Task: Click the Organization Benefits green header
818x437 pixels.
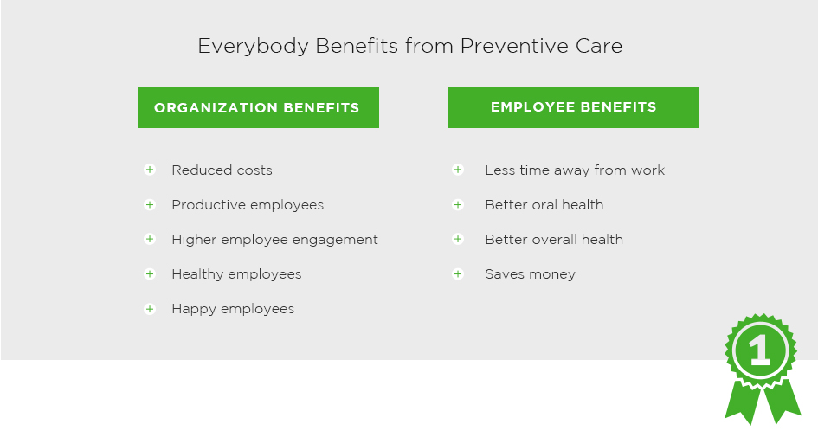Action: tap(259, 107)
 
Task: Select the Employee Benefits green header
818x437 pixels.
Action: tap(573, 107)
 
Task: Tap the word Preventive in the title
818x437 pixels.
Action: tap(514, 46)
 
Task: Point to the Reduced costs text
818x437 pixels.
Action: tap(222, 170)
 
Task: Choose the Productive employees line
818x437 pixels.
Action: tap(248, 205)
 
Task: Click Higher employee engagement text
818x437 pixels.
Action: tap(275, 240)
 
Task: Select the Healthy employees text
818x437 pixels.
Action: tap(236, 274)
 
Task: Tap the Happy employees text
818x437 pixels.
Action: tap(233, 309)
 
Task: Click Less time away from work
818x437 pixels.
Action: tap(575, 170)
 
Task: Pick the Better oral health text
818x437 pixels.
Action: tap(544, 204)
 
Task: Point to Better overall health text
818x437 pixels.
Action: tap(554, 240)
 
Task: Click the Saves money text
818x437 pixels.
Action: tap(530, 274)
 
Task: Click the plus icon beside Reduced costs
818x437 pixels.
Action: tap(150, 170)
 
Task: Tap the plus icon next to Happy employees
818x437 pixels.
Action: tap(150, 309)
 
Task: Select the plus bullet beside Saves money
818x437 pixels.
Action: tap(458, 273)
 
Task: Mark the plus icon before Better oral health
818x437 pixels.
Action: tap(458, 204)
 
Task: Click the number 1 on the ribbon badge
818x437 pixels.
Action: tap(760, 350)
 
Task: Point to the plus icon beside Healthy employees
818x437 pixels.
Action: tap(150, 273)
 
